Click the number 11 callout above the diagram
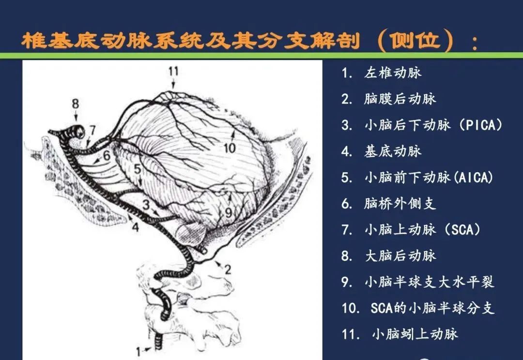[x=173, y=72]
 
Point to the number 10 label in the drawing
[x=230, y=147]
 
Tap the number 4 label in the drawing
[x=135, y=226]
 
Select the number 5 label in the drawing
[x=138, y=169]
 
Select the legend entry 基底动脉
[x=393, y=151]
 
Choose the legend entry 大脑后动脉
[x=400, y=255]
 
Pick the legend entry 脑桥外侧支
[x=400, y=203]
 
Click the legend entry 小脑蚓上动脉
[x=415, y=333]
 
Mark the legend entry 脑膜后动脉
[x=400, y=99]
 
